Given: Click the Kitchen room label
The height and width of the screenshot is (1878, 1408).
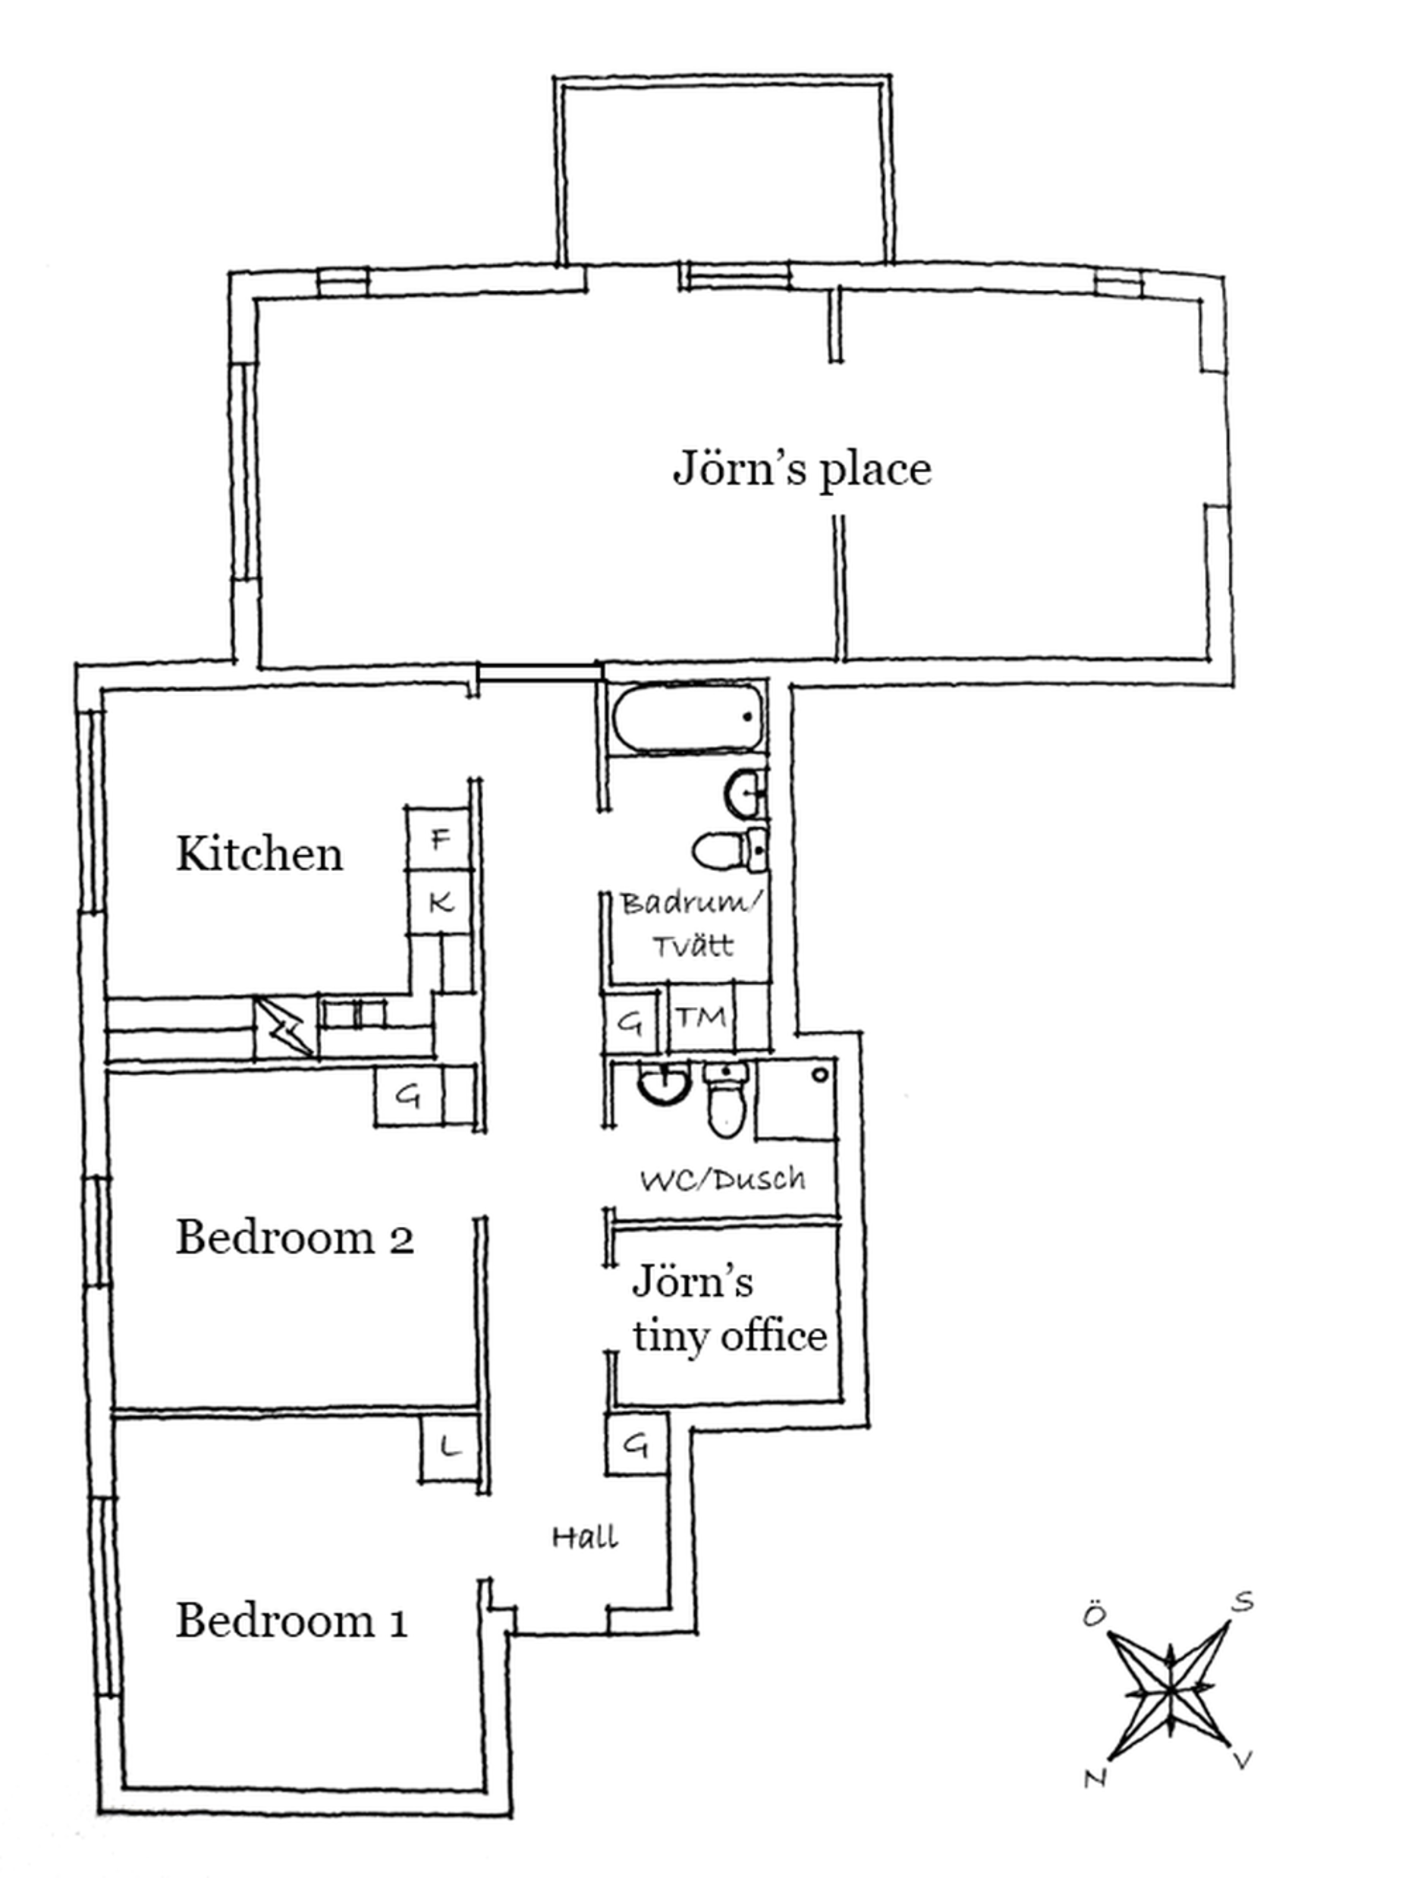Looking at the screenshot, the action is click(x=259, y=853).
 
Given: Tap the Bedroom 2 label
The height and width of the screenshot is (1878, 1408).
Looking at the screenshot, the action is click(x=294, y=1237).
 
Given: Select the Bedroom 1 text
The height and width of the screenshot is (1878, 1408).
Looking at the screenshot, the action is click(x=291, y=1621).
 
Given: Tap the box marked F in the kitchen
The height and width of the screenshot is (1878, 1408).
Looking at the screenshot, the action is click(x=438, y=838).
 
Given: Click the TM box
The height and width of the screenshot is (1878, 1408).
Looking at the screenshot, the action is click(x=701, y=1017).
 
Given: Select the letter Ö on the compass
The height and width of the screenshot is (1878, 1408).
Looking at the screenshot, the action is click(x=1095, y=1614).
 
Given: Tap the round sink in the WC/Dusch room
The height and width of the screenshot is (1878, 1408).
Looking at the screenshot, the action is click(x=663, y=1083).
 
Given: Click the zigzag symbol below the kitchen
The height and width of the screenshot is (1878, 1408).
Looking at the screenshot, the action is click(x=284, y=1027).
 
